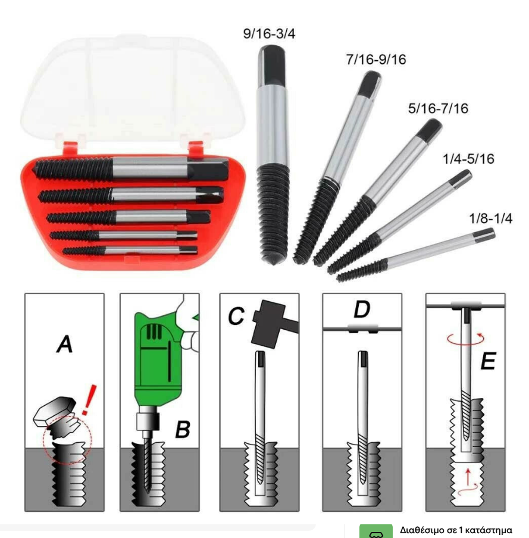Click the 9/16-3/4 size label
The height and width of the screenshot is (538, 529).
(269, 33)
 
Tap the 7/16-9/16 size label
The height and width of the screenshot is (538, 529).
(376, 60)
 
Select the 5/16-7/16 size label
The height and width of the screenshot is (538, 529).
(438, 108)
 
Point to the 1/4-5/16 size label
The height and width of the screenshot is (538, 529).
(468, 159)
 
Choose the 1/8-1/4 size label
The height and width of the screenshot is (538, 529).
(490, 218)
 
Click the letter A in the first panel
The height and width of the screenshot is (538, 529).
(64, 344)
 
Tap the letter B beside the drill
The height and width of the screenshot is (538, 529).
(183, 429)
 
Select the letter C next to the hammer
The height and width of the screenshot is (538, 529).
(236, 316)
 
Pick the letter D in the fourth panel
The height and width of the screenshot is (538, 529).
(362, 309)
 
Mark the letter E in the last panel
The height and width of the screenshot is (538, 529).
(488, 361)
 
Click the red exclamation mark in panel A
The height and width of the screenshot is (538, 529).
(89, 400)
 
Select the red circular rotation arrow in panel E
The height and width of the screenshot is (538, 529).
(465, 339)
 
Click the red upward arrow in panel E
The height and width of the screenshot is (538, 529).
(468, 477)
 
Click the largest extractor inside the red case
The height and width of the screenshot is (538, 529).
(131, 168)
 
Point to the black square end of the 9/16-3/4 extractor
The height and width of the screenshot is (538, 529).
(271, 65)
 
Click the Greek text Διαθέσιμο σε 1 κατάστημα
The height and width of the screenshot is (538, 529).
(456, 530)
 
